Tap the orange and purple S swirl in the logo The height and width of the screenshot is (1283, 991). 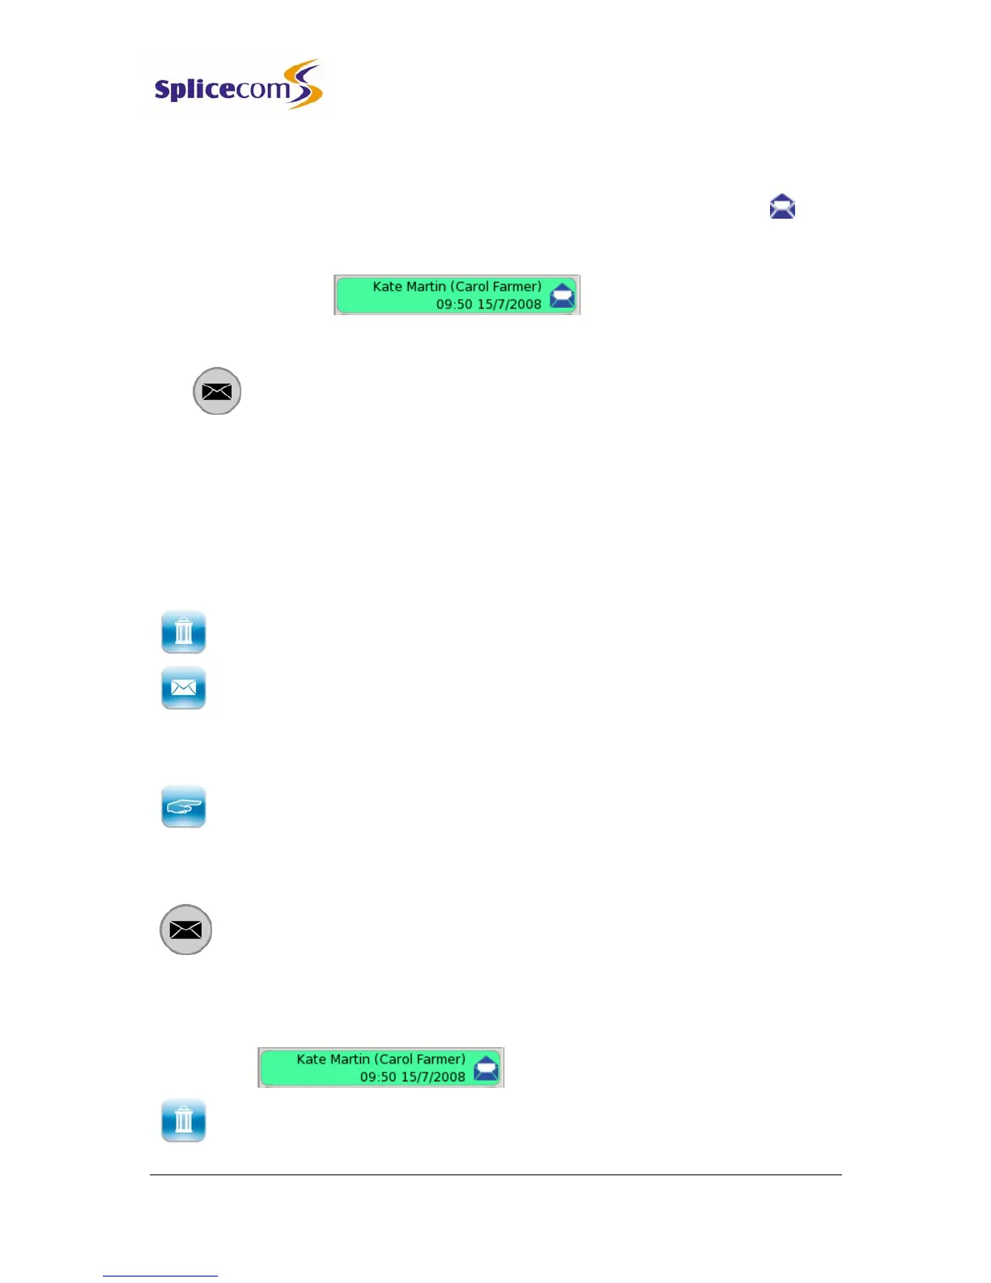pyautogui.click(x=306, y=84)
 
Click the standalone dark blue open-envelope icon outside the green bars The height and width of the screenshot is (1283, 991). pyautogui.click(x=782, y=207)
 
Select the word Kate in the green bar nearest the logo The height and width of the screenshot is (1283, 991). pyautogui.click(x=387, y=287)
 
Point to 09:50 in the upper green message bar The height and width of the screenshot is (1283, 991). pyautogui.click(x=453, y=305)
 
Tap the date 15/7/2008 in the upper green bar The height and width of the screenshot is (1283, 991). pyautogui.click(x=509, y=305)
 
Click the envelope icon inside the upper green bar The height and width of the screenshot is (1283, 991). pyautogui.click(x=562, y=296)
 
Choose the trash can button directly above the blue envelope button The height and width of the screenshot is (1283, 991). pyautogui.click(x=184, y=632)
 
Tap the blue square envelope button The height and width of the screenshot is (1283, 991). pyautogui.click(x=184, y=688)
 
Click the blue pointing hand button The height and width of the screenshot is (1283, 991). pyautogui.click(x=184, y=807)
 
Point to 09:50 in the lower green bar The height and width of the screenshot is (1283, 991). pyautogui.click(x=377, y=1077)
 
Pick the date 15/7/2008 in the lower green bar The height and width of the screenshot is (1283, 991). pyautogui.click(x=433, y=1077)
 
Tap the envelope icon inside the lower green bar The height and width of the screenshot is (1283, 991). pyautogui.click(x=486, y=1068)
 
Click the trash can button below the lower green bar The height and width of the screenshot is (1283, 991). pyautogui.click(x=184, y=1121)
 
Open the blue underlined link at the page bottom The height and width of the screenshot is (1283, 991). pyautogui.click(x=160, y=1276)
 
